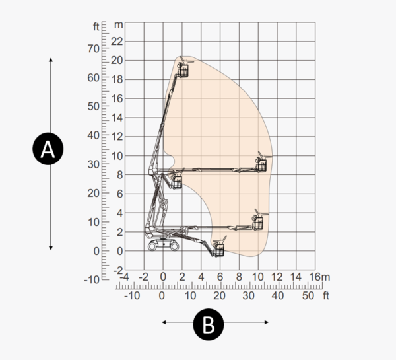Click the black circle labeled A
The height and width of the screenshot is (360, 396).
tap(48, 149)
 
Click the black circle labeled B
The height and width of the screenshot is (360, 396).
tap(209, 324)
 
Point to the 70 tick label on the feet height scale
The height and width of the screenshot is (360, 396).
tap(94, 48)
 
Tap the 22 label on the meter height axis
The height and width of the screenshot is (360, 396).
tap(117, 41)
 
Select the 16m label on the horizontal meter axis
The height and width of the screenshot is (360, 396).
tap(319, 277)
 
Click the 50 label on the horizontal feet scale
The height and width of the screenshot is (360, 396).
tap(308, 295)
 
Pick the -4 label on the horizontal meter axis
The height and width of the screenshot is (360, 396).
tap(124, 277)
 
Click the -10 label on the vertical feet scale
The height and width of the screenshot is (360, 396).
tap(92, 280)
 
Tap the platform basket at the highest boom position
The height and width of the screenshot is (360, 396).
tap(183, 70)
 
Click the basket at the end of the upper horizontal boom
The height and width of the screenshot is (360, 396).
tap(261, 164)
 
